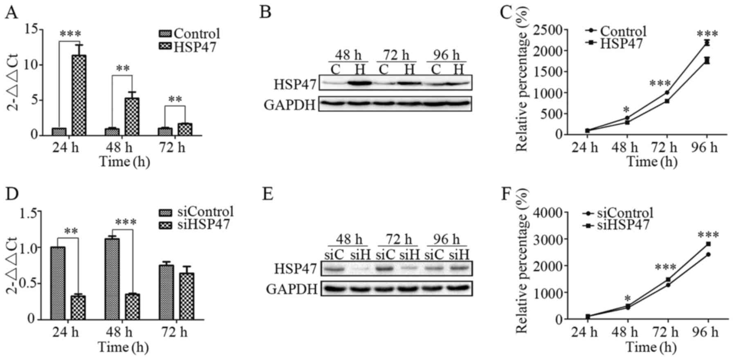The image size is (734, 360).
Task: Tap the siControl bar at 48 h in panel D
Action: point(112,279)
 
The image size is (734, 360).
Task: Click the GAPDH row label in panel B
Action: point(289,105)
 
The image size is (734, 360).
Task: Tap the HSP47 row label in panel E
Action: point(295,269)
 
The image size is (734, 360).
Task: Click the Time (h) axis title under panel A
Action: point(125,162)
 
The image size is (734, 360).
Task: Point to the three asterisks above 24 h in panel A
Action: point(70,34)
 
